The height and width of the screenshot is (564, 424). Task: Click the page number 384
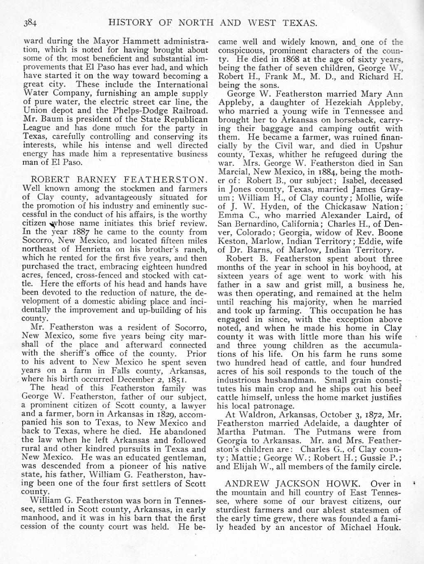pyautogui.click(x=30, y=23)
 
